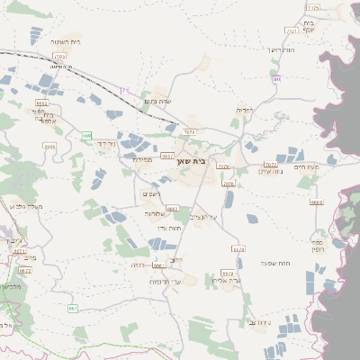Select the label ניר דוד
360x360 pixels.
pos(106,144)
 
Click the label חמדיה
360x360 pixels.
pos(244,110)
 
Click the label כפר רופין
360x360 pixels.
pos(318,246)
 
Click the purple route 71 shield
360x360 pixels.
pos(125,90)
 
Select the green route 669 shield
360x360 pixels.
pos(87,136)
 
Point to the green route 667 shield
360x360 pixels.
pos(72,309)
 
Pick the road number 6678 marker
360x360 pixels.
pos(238,249)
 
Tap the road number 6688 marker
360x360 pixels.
pos(316,202)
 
